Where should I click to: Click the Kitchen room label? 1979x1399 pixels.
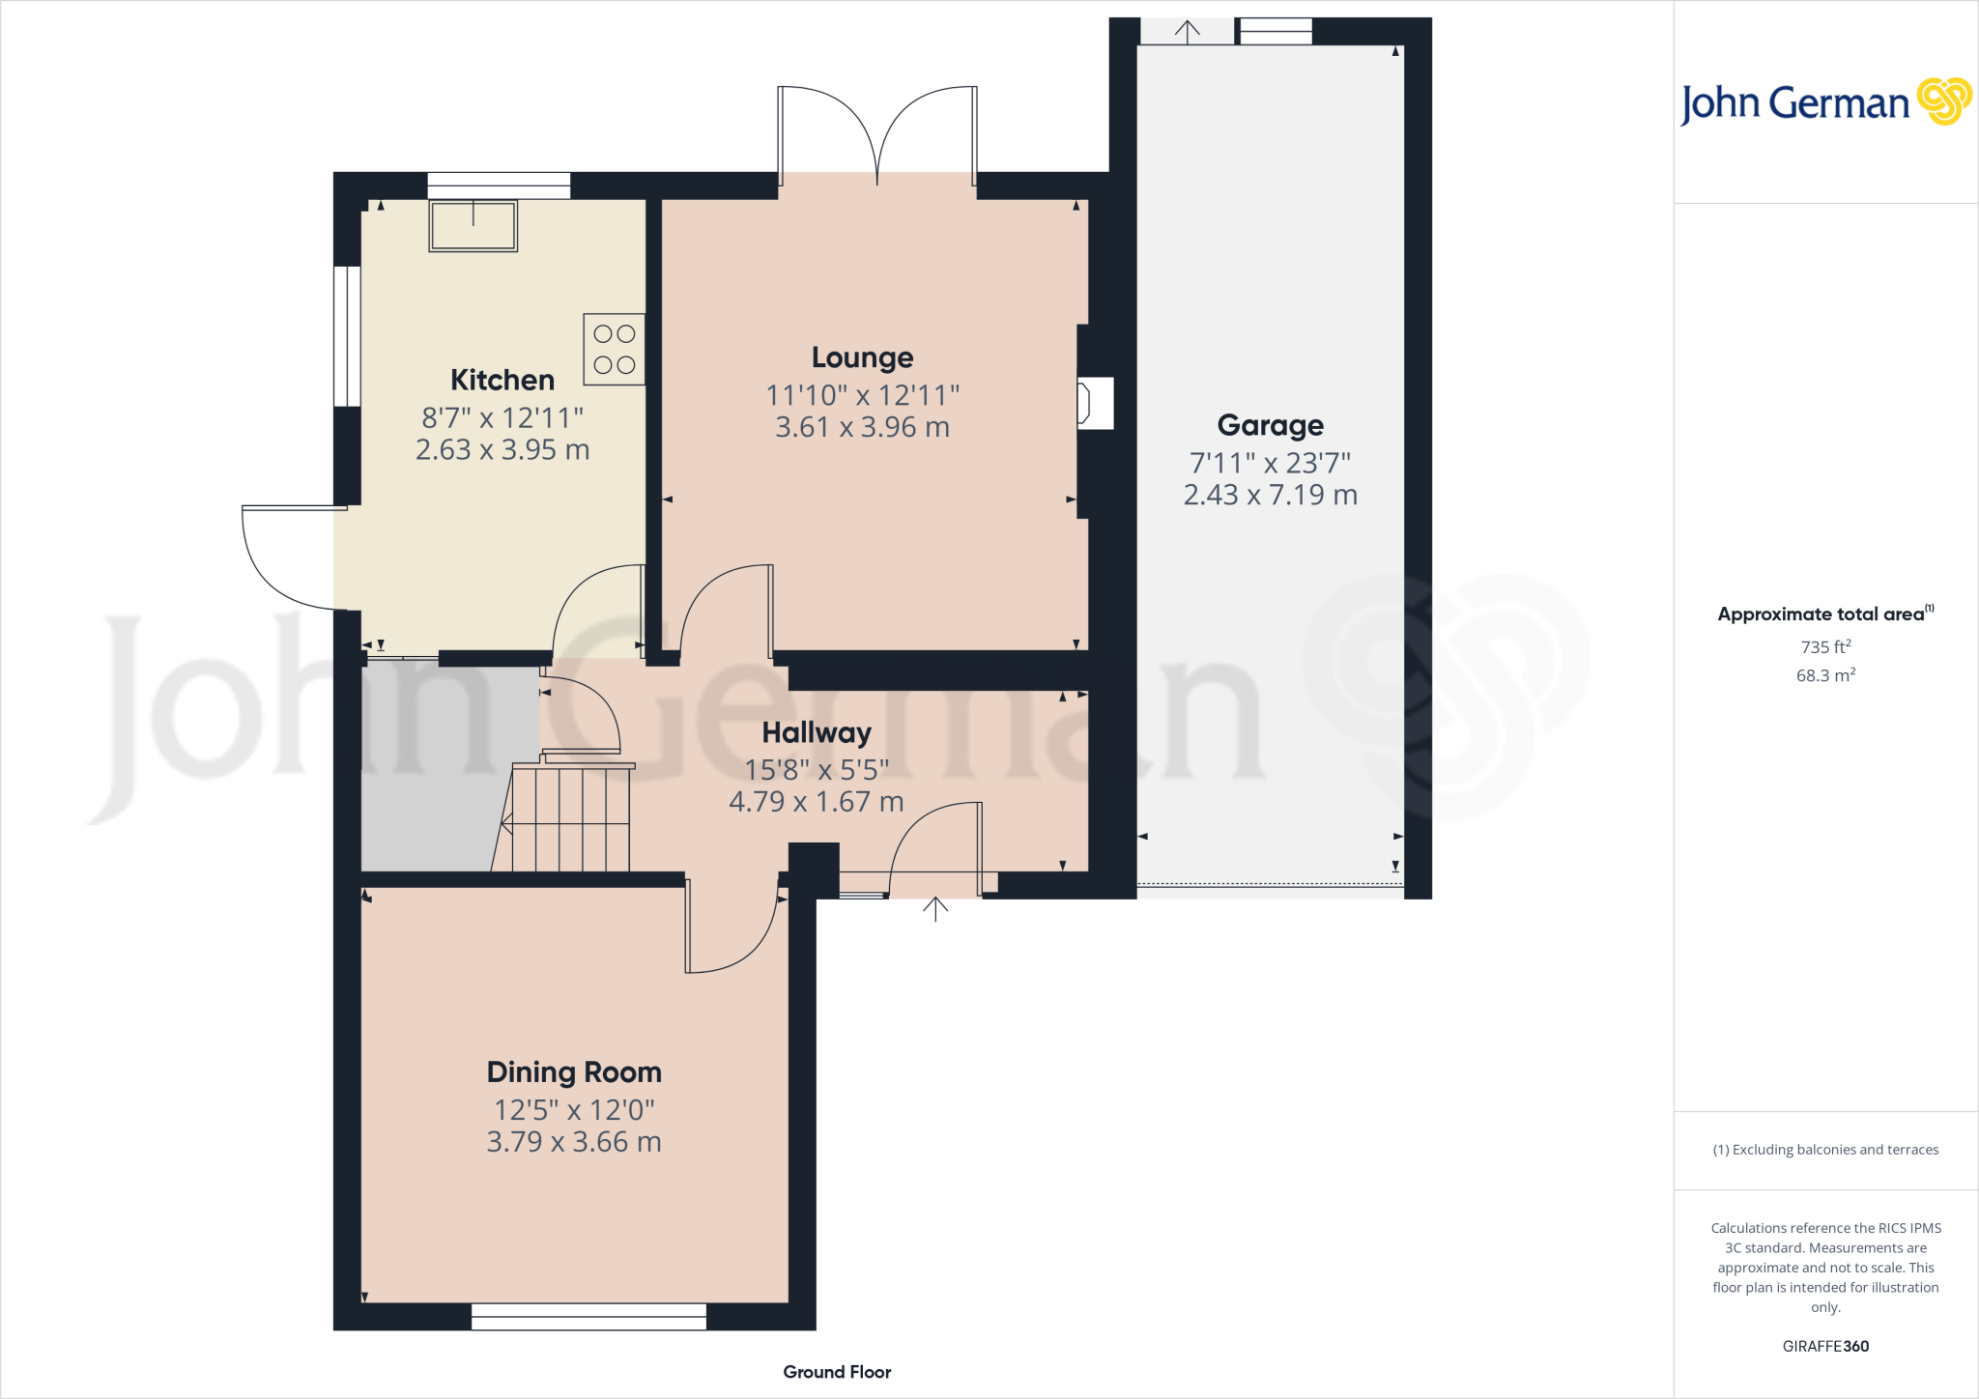click(x=502, y=380)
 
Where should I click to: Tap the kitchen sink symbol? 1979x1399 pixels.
click(x=473, y=226)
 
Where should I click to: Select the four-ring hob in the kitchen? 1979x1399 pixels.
click(x=615, y=349)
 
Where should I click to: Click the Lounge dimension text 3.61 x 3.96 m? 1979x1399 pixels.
click(x=862, y=427)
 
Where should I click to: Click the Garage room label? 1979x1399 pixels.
click(x=1270, y=425)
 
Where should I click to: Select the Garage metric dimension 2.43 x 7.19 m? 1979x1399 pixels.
click(x=1270, y=495)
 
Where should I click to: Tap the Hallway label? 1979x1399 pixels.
click(x=817, y=732)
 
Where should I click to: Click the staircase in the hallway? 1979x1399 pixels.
click(x=570, y=819)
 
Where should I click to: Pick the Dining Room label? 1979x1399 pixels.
click(x=574, y=1072)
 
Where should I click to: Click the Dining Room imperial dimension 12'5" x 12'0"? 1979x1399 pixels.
click(x=574, y=1109)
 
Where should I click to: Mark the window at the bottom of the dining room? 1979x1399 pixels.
click(x=588, y=1316)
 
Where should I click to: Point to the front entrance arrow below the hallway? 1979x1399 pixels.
click(x=934, y=909)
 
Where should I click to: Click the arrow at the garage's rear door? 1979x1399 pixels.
click(x=1187, y=31)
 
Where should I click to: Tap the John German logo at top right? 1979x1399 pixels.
click(x=1824, y=102)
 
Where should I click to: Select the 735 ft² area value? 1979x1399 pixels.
click(x=1825, y=646)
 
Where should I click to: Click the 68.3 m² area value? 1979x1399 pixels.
click(x=1825, y=675)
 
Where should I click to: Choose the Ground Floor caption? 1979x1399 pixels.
click(x=837, y=1372)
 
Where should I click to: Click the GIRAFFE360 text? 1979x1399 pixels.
click(x=1825, y=1346)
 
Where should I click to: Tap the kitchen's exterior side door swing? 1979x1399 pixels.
click(x=290, y=560)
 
